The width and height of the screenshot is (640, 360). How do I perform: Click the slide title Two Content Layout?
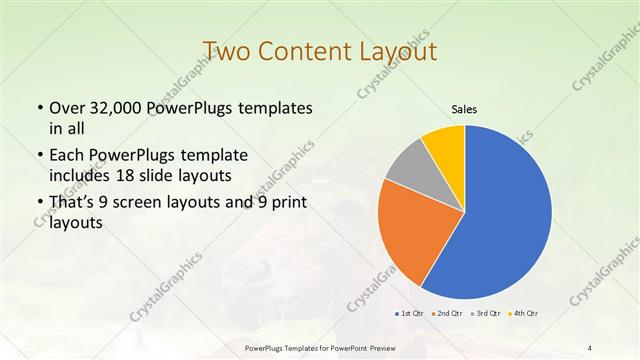click(319, 51)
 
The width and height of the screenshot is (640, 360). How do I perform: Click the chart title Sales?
click(464, 109)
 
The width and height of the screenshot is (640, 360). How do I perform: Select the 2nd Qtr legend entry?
click(446, 314)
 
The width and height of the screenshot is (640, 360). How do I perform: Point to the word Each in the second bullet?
click(68, 155)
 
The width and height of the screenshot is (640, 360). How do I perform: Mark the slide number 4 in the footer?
click(590, 347)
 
